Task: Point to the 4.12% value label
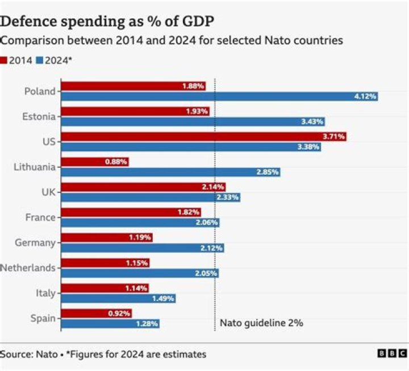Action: pyautogui.click(x=365, y=97)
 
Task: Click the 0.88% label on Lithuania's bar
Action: pyautogui.click(x=116, y=162)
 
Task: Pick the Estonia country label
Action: pyautogui.click(x=40, y=117)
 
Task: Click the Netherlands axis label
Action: pyautogui.click(x=28, y=267)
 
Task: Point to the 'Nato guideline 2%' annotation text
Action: pyautogui.click(x=261, y=323)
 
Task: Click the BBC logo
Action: pyautogui.click(x=392, y=354)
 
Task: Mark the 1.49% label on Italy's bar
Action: pyautogui.click(x=162, y=299)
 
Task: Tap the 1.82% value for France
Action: pyautogui.click(x=187, y=212)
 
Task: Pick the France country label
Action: pyautogui.click(x=41, y=217)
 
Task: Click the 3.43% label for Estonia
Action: pyautogui.click(x=311, y=122)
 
